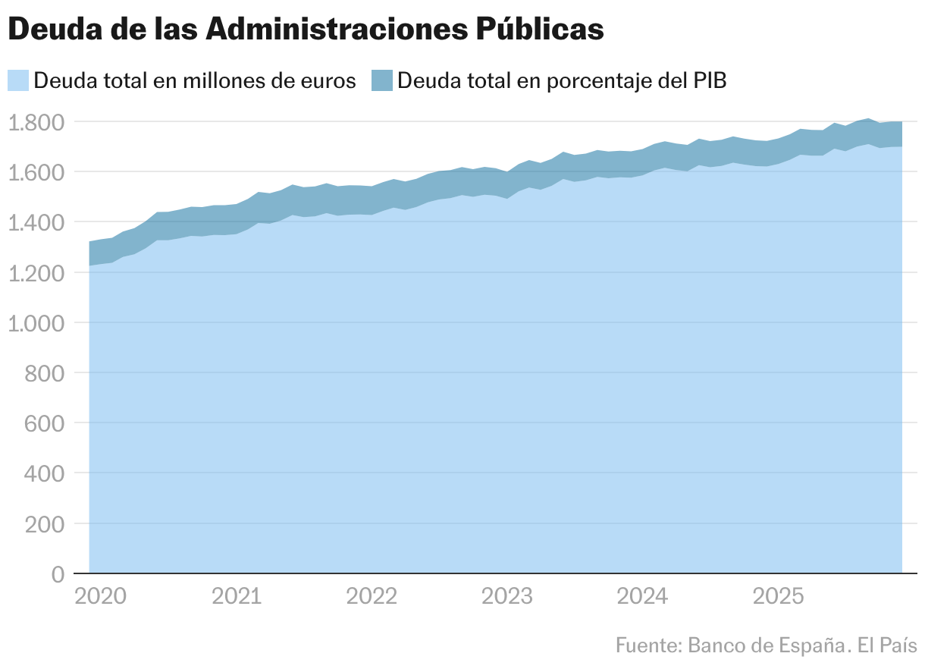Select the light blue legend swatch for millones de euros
18,80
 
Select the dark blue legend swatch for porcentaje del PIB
382,80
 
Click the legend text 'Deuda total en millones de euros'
195,80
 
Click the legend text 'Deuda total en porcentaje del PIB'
562,80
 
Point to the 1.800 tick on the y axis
36,122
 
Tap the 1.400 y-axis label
36,223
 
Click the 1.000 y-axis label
36,323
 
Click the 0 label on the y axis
58,574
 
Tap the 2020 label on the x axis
101,597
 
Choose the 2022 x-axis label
372,597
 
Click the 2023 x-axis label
507,597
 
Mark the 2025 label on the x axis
778,597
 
